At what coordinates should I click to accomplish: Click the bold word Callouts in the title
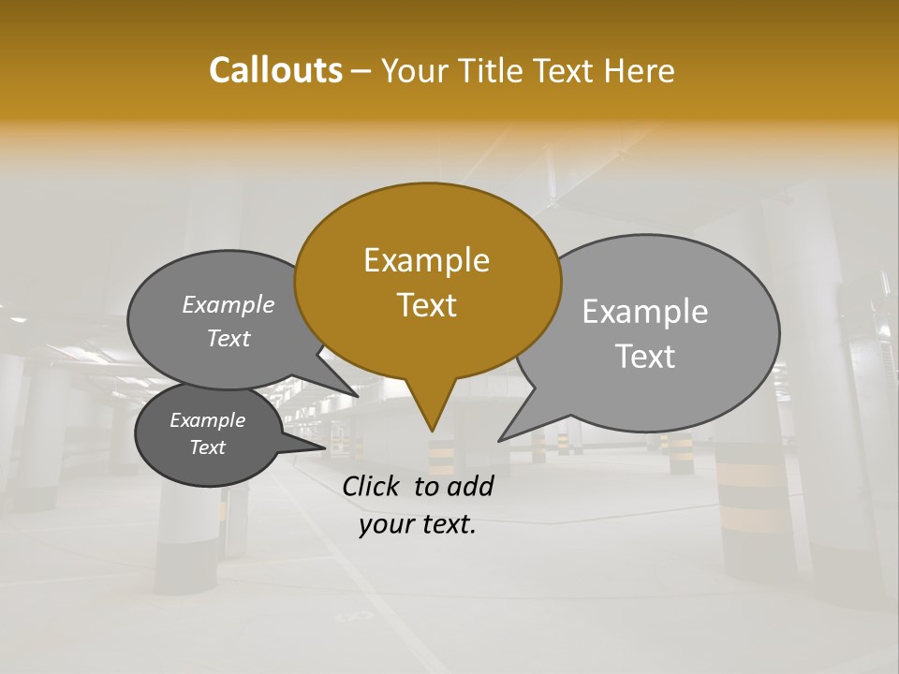(x=275, y=70)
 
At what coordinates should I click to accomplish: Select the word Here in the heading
(x=640, y=70)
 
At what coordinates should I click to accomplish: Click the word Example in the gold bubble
(x=426, y=260)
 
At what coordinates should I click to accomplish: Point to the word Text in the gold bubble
(x=426, y=304)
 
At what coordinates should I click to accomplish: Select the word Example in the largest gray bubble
(x=645, y=312)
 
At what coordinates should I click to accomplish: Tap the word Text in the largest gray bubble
(x=645, y=357)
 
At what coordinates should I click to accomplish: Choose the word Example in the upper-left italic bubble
(x=228, y=305)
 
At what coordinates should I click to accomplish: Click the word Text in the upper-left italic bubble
(x=228, y=338)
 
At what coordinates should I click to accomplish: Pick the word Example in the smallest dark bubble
(x=207, y=420)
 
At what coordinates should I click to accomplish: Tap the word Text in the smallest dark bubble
(x=207, y=447)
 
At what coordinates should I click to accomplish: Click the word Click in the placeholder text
(x=373, y=486)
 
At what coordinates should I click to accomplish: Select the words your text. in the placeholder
(x=417, y=524)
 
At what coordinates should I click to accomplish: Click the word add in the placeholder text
(x=471, y=486)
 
